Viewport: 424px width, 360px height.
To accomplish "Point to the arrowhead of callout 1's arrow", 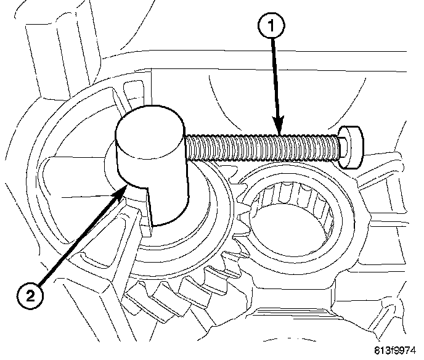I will pyautogui.click(x=280, y=131).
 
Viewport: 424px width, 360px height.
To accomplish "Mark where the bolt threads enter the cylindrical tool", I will pyautogui.click(x=189, y=147).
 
